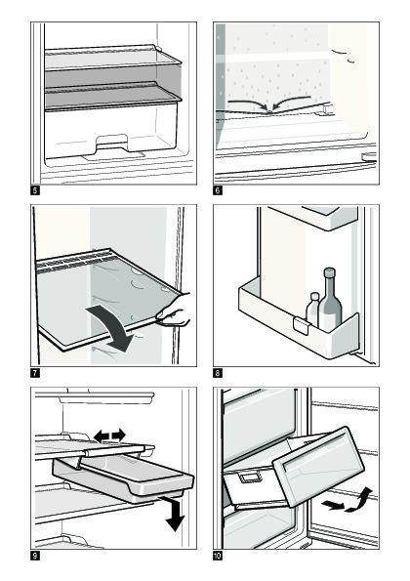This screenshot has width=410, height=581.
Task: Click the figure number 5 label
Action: [35, 190]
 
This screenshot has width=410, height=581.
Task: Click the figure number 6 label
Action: [218, 190]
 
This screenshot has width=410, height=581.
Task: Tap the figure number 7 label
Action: [35, 373]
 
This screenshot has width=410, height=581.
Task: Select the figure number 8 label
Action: [218, 373]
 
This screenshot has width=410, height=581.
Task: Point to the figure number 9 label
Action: [35, 556]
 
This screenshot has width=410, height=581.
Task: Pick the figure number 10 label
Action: [218, 556]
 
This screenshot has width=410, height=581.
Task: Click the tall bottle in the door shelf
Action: [330, 300]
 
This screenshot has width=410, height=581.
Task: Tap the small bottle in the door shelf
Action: [313, 310]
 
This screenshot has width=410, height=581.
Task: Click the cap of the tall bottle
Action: [329, 272]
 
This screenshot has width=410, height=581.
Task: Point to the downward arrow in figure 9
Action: [175, 514]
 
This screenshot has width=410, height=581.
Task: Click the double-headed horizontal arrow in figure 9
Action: [109, 436]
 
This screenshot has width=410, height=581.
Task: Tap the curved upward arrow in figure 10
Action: [359, 500]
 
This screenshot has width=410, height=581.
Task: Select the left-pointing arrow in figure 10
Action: [333, 504]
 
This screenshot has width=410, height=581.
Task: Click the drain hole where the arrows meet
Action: [270, 110]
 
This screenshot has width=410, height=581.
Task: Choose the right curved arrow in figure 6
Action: [292, 102]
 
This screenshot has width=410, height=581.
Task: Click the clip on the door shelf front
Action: [301, 326]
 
